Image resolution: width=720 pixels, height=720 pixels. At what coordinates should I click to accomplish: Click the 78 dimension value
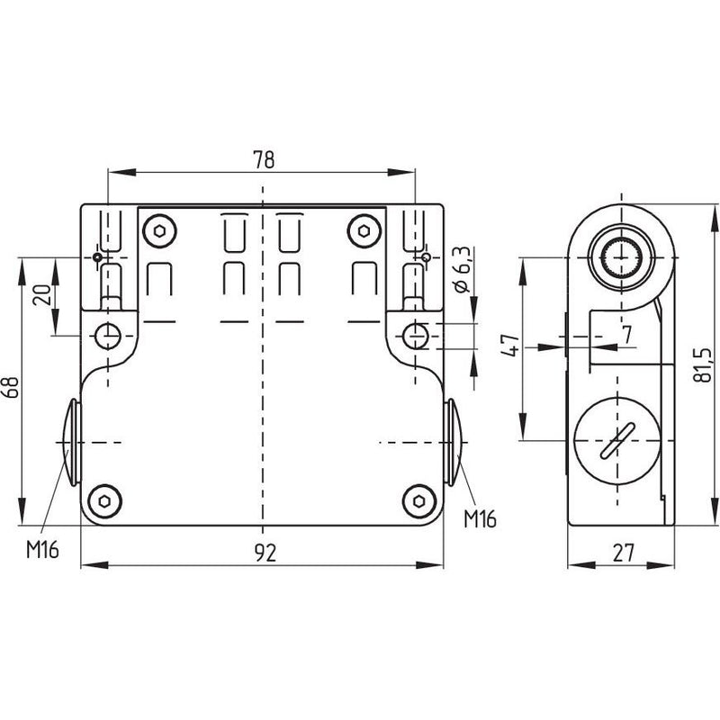coord(264,159)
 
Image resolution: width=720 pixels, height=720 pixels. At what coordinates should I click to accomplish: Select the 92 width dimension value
coord(265,553)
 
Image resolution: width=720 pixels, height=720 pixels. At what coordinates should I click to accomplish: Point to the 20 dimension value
coord(42,295)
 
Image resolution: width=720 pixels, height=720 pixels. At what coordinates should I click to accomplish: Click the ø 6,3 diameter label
coord(462,269)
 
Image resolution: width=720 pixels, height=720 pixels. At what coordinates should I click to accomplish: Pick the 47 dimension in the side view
coord(510,346)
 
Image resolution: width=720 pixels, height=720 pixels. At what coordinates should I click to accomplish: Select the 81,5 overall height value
coord(703,364)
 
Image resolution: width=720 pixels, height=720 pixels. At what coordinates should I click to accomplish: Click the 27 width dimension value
coord(623,553)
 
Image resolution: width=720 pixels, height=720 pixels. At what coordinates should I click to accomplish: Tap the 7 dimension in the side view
coord(627,335)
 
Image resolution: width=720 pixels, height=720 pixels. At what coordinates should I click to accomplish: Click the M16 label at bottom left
coord(42,549)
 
